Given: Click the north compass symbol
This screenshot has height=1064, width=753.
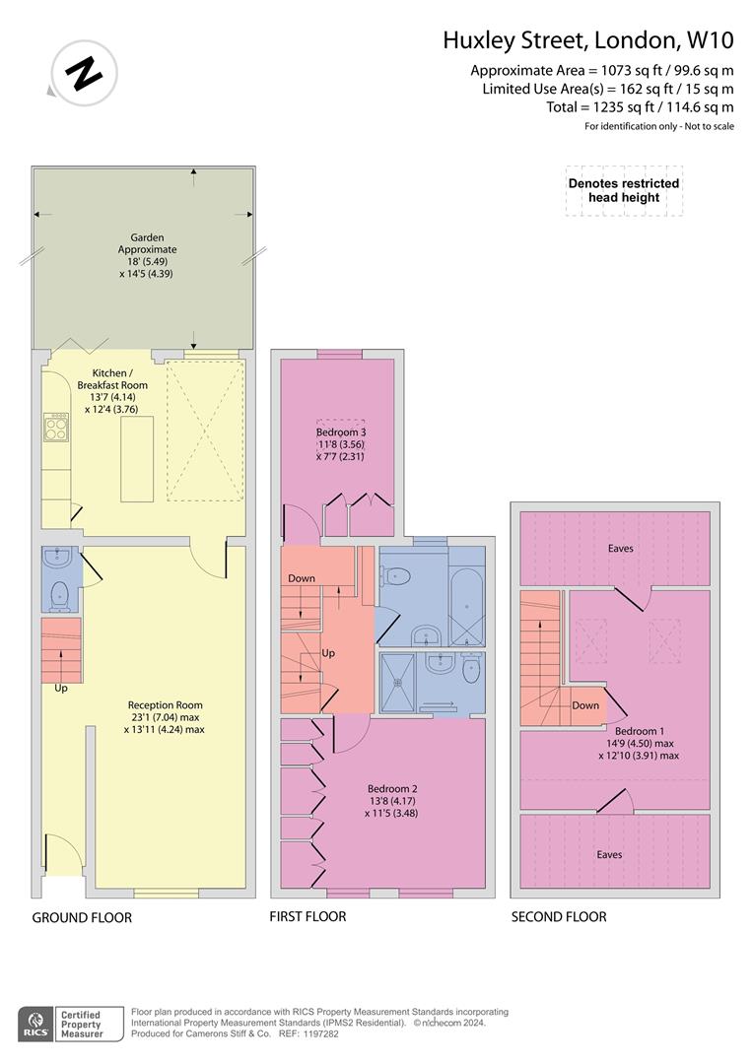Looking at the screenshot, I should tap(83, 71).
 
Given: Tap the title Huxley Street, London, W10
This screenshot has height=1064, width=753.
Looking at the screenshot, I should tap(587, 40).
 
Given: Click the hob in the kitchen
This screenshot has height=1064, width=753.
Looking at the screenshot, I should tap(55, 426).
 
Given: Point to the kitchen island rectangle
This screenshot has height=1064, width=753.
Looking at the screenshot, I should tap(137, 458).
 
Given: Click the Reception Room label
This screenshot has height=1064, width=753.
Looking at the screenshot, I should tap(165, 717).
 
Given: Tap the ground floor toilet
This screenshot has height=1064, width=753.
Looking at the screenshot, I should tap(58, 594).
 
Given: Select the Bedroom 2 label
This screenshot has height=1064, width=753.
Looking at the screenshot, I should tap(393, 801).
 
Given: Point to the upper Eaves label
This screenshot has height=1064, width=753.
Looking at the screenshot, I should tap(621, 548).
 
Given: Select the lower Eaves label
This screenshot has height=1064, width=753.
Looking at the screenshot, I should tap(609, 854).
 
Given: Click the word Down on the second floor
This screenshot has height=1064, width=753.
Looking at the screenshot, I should tap(585, 705).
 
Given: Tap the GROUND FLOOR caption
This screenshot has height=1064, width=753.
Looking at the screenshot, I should tap(82, 917).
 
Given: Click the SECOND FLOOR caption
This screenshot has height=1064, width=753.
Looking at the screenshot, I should tap(558, 916).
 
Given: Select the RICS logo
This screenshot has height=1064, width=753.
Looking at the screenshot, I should tap(38, 1023).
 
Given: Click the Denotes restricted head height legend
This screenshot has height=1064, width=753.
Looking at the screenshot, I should tap(623, 191).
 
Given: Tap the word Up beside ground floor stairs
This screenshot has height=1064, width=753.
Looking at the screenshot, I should tap(61, 688).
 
